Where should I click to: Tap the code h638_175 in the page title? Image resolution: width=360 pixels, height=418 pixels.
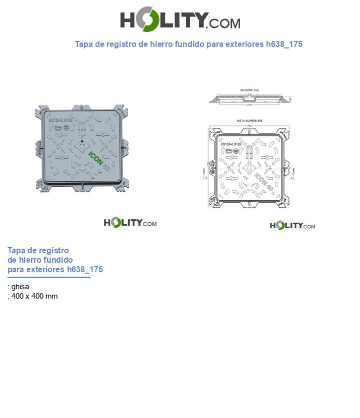284,44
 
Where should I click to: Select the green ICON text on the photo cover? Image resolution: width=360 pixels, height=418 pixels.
95,158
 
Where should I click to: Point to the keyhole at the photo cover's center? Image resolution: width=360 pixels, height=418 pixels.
82,148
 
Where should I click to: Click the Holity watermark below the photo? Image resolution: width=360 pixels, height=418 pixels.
130,222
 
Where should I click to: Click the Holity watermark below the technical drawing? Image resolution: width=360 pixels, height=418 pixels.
292,225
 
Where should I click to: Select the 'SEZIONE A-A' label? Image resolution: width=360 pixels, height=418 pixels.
249,90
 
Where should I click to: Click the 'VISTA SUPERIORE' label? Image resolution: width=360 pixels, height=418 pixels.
249,121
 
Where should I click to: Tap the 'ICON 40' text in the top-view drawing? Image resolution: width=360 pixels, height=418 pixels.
263,182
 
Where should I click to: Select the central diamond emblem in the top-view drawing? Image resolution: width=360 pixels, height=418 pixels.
248,166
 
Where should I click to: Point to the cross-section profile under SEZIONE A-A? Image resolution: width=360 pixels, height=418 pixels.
249,100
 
